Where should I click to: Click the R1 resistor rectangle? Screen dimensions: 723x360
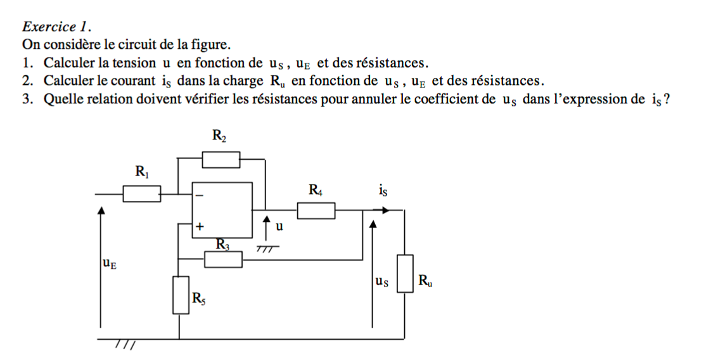point(141,193)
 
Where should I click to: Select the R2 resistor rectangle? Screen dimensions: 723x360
point(221,160)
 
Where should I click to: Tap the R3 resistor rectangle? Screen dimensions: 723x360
point(224,259)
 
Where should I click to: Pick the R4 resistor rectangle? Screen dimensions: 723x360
point(316,210)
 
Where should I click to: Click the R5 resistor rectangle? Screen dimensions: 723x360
point(180,295)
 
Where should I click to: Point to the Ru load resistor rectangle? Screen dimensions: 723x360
point(405,273)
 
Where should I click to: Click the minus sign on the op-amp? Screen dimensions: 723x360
point(200,196)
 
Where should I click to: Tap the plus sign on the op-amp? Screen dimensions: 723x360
point(200,225)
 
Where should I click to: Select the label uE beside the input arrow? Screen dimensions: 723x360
point(109,262)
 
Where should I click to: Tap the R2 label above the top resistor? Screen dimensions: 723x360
point(219,135)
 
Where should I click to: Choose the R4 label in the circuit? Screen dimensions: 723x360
point(315,189)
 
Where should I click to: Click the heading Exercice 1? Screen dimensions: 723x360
point(57,27)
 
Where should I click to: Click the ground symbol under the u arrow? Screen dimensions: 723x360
point(267,249)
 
